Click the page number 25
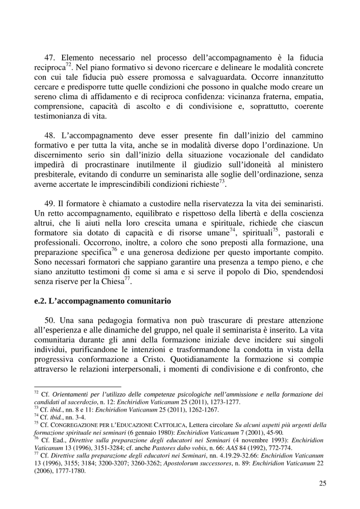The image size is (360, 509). (x=322, y=483)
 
